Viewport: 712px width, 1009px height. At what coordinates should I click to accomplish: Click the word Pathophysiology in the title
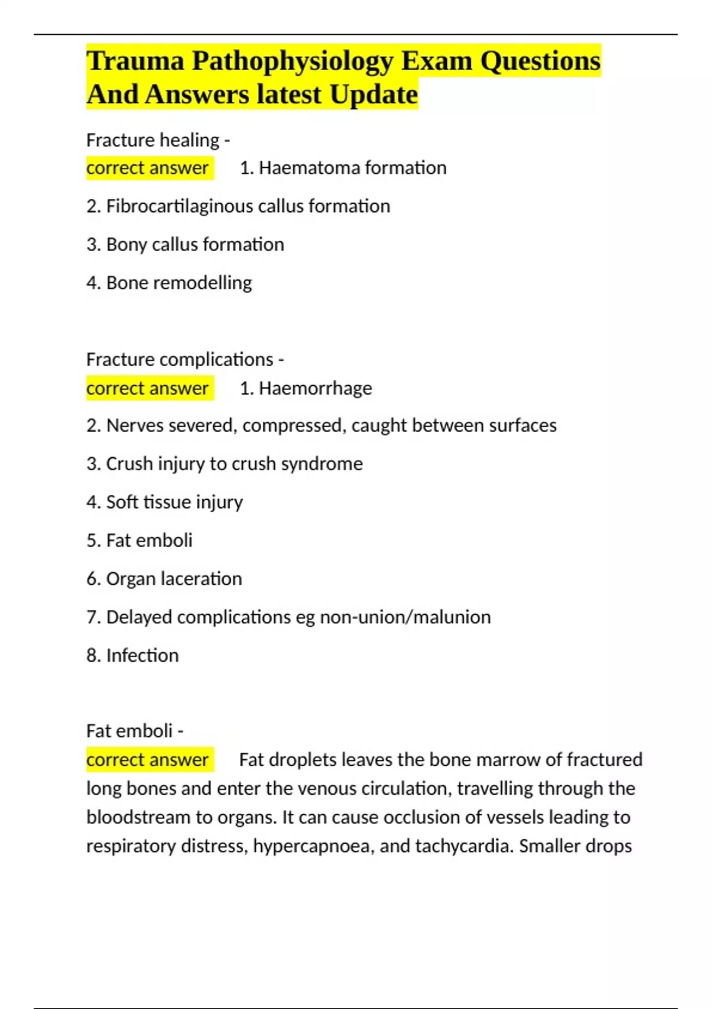[x=293, y=61]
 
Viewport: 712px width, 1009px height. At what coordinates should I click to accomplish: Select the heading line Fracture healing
[x=158, y=140]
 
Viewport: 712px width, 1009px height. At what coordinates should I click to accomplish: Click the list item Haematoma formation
[x=343, y=168]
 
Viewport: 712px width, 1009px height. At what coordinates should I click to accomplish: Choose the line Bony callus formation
[x=185, y=245]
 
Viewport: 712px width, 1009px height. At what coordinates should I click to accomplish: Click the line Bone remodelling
[x=169, y=283]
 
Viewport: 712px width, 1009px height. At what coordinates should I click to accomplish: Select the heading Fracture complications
[x=185, y=360]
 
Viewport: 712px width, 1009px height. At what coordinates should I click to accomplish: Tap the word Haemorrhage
[x=315, y=388]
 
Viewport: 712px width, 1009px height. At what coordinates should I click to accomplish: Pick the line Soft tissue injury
[x=164, y=502]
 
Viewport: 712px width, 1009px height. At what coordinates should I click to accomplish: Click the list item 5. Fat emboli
[x=139, y=540]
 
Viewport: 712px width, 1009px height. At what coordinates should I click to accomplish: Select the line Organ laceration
[x=164, y=579]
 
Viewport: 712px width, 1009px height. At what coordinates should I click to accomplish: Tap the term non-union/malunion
[x=405, y=617]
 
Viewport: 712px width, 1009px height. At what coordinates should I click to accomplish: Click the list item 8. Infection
[x=132, y=655]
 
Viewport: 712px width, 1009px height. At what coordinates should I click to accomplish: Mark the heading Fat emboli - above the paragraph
[x=134, y=731]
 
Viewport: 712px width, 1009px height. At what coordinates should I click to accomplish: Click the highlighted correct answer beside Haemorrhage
[x=148, y=388]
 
